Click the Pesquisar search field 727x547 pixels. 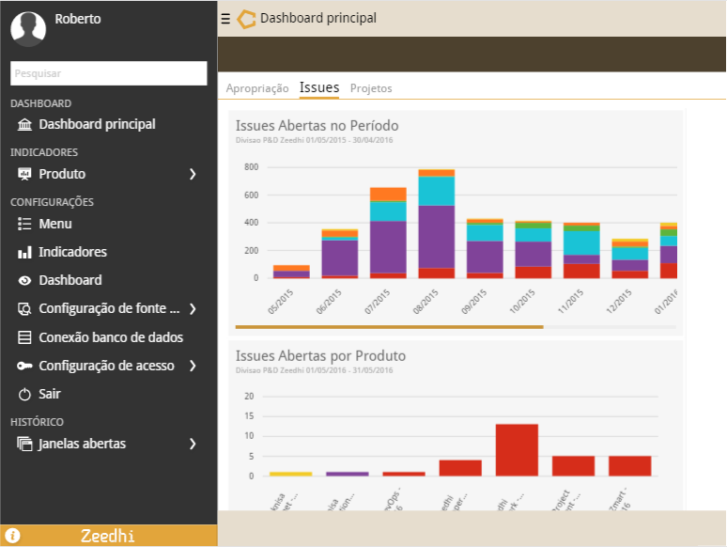click(x=108, y=73)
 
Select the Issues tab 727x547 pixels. click(x=319, y=87)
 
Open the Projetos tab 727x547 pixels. click(x=371, y=88)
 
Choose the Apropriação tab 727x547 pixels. click(x=257, y=88)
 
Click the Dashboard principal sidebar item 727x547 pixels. click(x=97, y=124)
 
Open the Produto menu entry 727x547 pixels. click(x=62, y=174)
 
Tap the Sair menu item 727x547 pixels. click(x=50, y=394)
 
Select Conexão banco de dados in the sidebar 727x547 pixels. click(x=111, y=337)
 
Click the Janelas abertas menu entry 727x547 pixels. click(x=82, y=444)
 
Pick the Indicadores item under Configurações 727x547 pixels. click(x=72, y=252)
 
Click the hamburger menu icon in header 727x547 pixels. click(x=225, y=18)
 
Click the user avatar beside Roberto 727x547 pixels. click(x=28, y=27)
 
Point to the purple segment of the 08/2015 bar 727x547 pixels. click(x=437, y=236)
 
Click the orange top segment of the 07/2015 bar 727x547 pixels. click(x=388, y=194)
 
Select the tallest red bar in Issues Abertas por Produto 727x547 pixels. click(x=517, y=450)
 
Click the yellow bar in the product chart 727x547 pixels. click(x=290, y=474)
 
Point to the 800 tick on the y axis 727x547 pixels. click(x=251, y=167)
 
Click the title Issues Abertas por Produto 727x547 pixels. click(x=320, y=356)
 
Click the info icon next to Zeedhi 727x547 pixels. click(x=13, y=536)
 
